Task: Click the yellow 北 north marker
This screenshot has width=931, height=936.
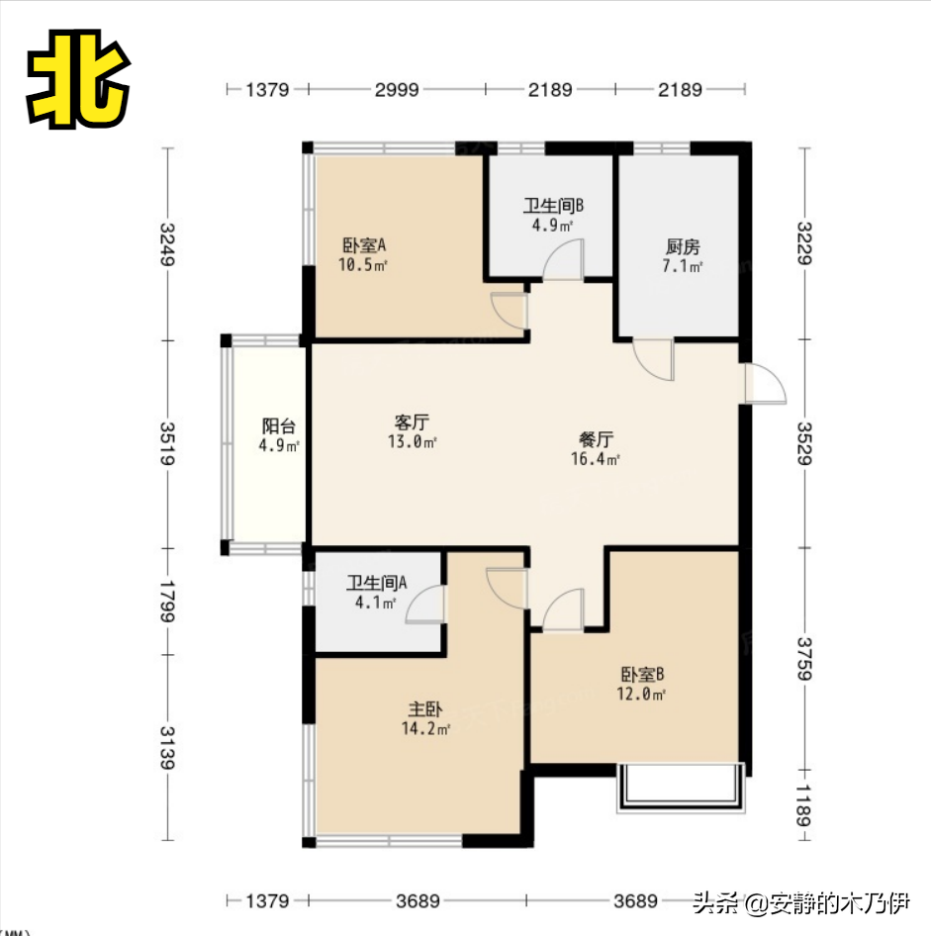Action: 78,78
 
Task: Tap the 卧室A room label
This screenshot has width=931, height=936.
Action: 364,245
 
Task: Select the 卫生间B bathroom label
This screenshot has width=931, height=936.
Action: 553,206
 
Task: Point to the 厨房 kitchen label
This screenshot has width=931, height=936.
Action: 683,246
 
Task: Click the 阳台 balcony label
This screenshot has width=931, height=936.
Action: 279,426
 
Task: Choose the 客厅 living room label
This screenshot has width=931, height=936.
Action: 412,422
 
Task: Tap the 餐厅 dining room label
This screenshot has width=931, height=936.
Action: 596,439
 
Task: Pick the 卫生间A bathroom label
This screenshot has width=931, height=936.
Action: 377,583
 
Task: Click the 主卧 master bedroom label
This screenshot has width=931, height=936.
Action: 424,709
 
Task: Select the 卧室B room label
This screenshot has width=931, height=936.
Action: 642,675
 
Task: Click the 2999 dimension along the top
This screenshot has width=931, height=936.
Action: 397,89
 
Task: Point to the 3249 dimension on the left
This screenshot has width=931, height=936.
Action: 168,244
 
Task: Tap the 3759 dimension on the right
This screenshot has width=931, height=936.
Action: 805,659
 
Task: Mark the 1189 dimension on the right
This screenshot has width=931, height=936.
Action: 805,805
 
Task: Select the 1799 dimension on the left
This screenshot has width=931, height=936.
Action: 168,602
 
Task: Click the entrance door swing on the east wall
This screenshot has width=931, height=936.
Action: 765,383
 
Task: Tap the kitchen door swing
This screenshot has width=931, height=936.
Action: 654,360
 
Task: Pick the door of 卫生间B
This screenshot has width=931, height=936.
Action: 563,259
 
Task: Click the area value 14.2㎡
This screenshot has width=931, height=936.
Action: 425,728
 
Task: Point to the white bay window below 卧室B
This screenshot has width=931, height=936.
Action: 681,788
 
